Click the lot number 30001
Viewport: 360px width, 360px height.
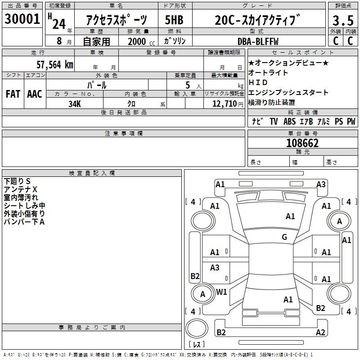22,20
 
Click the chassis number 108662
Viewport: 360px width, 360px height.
302,143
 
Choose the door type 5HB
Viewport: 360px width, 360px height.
173,20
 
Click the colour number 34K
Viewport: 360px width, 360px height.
75,103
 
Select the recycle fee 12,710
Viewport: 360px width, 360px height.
224,103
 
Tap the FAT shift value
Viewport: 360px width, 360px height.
13,94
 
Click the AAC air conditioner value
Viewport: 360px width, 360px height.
34,94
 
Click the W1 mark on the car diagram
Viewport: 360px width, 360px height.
221,292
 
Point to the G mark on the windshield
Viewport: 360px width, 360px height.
284,237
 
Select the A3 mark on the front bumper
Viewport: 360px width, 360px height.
321,184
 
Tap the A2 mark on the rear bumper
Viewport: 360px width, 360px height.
320,332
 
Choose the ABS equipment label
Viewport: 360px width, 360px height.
289,121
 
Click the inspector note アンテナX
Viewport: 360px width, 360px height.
21,189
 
